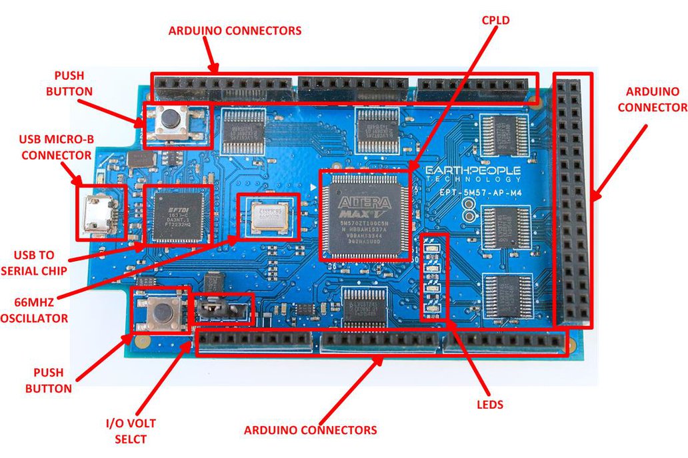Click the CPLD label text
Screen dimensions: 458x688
495,21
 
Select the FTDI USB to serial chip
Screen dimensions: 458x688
177,215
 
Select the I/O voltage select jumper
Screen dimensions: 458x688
223,310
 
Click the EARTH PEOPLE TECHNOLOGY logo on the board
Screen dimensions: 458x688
473,175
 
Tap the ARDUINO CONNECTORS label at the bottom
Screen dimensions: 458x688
310,430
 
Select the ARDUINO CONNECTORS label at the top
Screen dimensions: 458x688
235,31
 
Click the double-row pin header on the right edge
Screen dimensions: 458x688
572,200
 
